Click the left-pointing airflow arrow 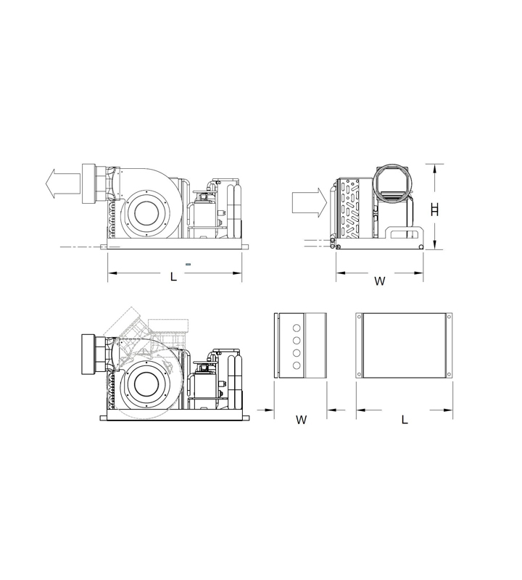click(x=62, y=183)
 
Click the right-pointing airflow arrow click(x=310, y=202)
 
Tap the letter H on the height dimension click(x=435, y=210)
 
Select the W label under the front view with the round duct click(x=380, y=281)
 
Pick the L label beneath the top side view click(x=173, y=277)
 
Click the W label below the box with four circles click(x=302, y=420)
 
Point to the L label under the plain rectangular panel click(x=405, y=420)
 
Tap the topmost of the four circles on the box click(x=297, y=328)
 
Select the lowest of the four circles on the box click(x=297, y=365)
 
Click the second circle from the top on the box click(x=297, y=340)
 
